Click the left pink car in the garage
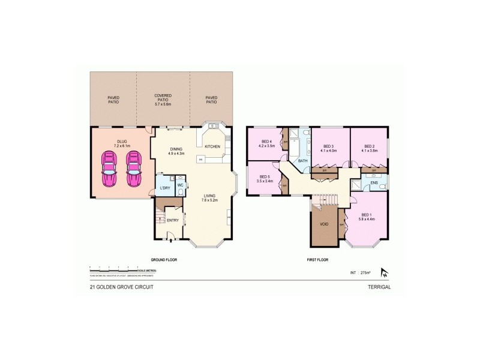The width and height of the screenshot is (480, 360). click(109, 169)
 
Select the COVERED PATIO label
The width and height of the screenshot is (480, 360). click(163, 100)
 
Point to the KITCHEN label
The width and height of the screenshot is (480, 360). click(213, 146)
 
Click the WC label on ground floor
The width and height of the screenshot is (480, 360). click(179, 185)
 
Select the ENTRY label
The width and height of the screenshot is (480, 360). click(173, 220)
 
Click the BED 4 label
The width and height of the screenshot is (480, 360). click(266, 144)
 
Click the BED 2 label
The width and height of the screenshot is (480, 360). click(370, 148)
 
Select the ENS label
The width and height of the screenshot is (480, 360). click(374, 182)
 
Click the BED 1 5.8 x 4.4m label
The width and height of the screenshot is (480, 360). click(367, 217)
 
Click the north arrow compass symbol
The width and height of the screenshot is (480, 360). click(385, 273)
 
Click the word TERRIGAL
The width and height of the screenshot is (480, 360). click(379, 287)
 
